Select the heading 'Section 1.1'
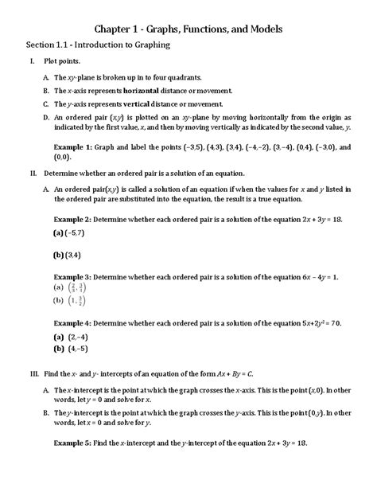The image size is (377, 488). point(50,45)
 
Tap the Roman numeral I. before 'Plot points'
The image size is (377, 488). point(31,62)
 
